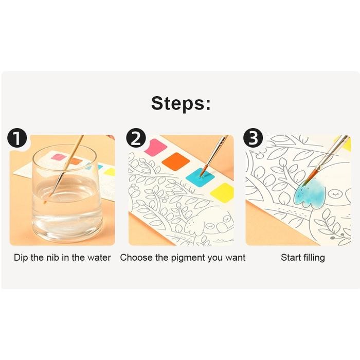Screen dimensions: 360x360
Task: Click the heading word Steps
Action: (181, 103)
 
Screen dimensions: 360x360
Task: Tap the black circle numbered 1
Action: (17, 139)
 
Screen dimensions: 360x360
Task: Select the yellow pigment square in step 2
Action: (225, 193)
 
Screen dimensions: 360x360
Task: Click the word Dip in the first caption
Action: (21, 258)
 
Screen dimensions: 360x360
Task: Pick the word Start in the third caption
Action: (291, 258)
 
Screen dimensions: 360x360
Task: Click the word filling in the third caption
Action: (314, 258)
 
